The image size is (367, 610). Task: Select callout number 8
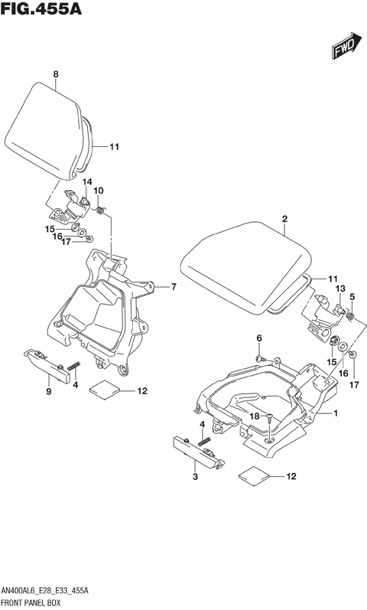56,73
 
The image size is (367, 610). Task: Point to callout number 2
284,220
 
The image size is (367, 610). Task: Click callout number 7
174,287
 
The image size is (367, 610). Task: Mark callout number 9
48,392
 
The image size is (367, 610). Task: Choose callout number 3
195,477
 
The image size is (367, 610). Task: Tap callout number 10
98,191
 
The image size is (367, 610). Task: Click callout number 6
259,338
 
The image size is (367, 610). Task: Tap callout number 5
352,296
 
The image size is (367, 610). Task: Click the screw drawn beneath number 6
261,357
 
